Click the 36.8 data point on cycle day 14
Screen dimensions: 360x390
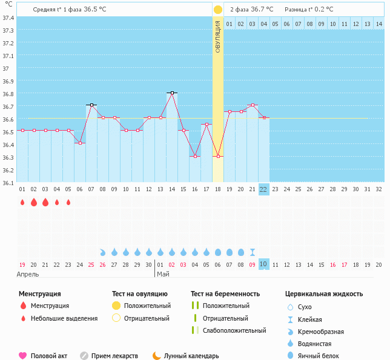point(172,93)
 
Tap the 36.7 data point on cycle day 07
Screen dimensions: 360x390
point(91,105)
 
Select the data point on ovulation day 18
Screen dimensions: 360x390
point(218,156)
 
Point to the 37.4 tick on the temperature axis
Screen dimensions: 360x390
point(8,18)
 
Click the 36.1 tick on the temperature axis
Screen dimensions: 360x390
point(8,182)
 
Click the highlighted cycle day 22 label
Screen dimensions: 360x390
point(263,189)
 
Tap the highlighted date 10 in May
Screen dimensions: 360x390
point(263,264)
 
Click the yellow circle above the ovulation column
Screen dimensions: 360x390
point(218,10)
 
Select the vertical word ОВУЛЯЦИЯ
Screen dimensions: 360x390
point(218,36)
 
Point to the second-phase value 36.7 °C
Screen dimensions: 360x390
point(262,10)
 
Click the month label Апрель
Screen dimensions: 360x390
point(27,274)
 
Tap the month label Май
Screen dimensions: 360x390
point(163,274)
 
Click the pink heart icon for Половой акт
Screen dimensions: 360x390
point(23,356)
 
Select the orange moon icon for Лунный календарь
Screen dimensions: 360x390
point(157,356)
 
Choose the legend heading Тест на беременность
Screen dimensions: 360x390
point(225,294)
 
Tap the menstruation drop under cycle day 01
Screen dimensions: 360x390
point(22,203)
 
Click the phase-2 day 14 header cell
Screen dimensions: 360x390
point(378,24)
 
